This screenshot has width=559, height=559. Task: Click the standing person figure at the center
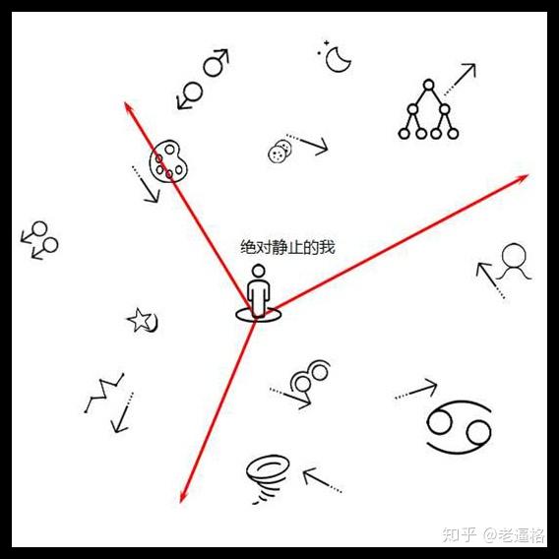[x=258, y=292]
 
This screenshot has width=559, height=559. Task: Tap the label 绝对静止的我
[x=287, y=247]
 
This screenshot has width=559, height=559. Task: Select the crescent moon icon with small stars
[x=337, y=57]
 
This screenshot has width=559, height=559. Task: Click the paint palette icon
[x=168, y=161]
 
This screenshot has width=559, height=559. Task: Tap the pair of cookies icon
[x=279, y=152]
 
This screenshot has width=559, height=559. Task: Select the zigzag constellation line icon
[x=104, y=393]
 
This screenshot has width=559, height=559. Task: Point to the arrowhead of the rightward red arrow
[x=524, y=176]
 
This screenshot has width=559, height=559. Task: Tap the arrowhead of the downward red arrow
[x=182, y=498]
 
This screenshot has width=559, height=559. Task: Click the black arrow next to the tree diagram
[x=460, y=79]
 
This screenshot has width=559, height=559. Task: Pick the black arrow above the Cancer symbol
[x=416, y=390]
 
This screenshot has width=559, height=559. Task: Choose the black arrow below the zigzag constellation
[x=122, y=412]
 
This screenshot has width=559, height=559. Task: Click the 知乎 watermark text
[x=460, y=534]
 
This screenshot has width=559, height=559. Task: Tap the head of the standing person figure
[x=258, y=271]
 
